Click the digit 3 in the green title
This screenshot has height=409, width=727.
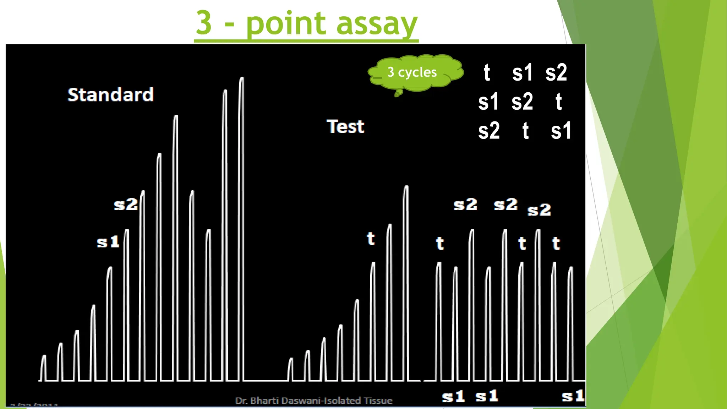tap(204, 23)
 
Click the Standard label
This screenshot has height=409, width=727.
tap(110, 95)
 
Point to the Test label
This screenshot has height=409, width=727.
tap(345, 127)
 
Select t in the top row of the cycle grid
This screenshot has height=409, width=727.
tap(487, 73)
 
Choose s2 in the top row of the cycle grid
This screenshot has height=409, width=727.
tap(556, 73)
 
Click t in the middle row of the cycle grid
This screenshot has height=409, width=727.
tap(558, 102)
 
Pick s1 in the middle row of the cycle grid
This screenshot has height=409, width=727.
tap(488, 102)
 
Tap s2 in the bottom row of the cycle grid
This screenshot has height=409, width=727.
tap(489, 131)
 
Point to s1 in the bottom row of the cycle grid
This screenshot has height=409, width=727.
tap(561, 131)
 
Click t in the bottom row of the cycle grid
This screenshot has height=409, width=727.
tap(525, 131)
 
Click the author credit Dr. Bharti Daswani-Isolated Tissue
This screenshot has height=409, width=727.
tap(314, 401)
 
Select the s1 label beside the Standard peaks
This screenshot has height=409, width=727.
tap(108, 242)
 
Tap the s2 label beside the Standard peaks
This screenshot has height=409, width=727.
tap(126, 204)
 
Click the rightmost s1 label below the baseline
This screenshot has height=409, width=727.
tap(573, 396)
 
